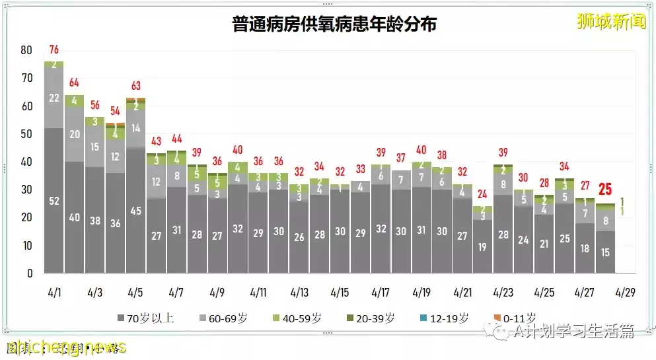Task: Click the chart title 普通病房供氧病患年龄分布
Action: [335, 24]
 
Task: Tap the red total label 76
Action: [54, 50]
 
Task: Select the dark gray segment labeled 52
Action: [54, 200]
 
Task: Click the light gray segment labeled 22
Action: [54, 98]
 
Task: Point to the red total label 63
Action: [136, 86]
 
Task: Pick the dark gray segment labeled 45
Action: [136, 211]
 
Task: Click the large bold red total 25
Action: [605, 190]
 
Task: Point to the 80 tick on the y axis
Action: [26, 50]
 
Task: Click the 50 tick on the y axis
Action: [26, 134]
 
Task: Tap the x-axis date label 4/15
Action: [340, 292]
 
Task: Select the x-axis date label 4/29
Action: [625, 292]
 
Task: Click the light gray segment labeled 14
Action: [136, 128]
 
